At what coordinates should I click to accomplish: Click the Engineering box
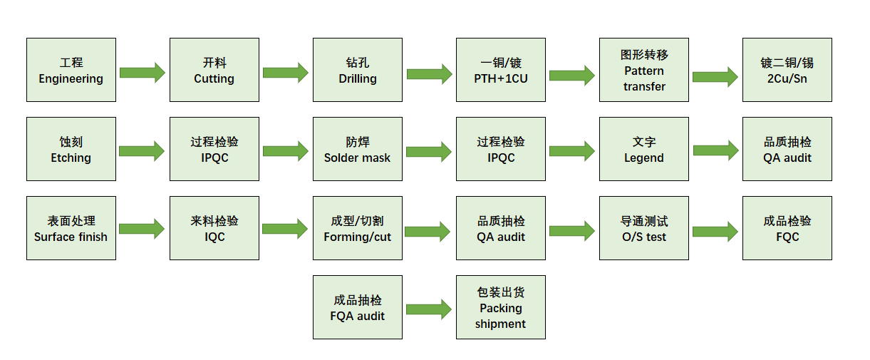71,70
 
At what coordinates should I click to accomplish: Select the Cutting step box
214,70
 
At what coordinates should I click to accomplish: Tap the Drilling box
358,70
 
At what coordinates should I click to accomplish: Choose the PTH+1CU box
501,70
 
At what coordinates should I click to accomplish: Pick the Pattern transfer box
644,70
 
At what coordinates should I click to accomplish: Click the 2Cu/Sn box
787,70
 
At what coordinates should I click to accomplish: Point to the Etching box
71,149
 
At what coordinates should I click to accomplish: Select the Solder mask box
358,149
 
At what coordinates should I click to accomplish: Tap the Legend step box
644,149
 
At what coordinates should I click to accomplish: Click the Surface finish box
71,228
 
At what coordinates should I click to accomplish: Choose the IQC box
214,228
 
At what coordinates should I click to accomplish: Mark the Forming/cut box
358,228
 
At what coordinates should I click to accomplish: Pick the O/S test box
644,228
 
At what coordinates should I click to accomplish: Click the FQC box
787,228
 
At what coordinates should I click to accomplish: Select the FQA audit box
358,307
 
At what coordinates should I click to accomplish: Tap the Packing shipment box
501,307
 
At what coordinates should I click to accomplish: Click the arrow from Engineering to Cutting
143,73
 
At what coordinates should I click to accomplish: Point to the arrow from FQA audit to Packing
429,309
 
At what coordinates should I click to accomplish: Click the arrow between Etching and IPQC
143,151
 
